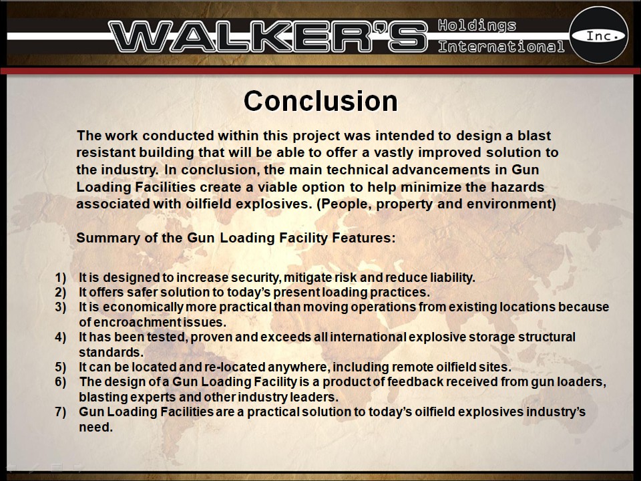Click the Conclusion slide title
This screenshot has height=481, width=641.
coord(320,102)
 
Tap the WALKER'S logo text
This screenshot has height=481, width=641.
coord(267,36)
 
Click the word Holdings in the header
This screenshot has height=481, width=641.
coord(477,26)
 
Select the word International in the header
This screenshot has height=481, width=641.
coord(501,47)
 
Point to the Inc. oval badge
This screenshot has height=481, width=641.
coord(598,35)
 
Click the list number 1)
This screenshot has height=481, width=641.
coord(61,277)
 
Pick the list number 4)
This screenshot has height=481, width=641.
coord(61,337)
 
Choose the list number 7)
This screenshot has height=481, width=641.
coord(61,412)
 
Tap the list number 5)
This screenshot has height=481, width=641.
coord(61,367)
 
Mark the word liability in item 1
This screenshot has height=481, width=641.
coord(453,277)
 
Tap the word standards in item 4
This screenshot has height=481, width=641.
coord(110,352)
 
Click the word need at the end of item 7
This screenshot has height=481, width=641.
coord(93,426)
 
